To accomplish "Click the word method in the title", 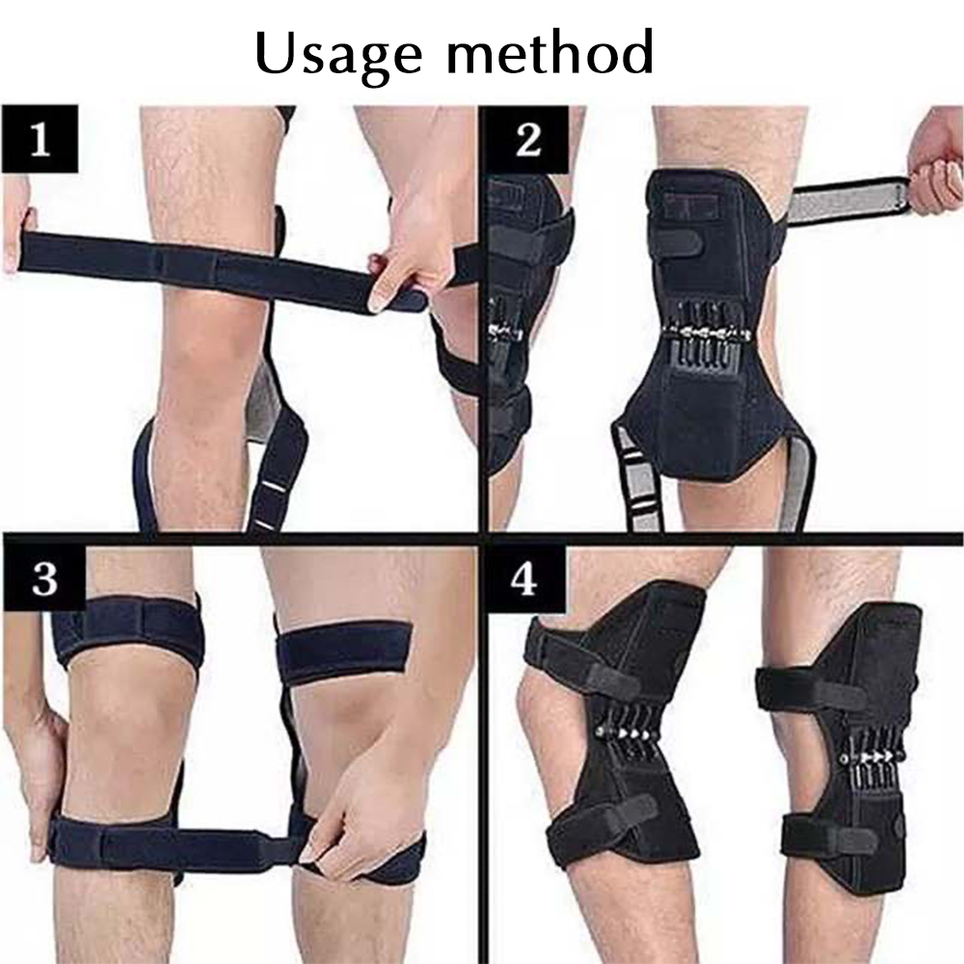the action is [550, 52].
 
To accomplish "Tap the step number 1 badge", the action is [40, 139].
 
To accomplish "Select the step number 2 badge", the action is [528, 139].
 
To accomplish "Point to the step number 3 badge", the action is [43, 577].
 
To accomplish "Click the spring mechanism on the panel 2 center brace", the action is [706, 332].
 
